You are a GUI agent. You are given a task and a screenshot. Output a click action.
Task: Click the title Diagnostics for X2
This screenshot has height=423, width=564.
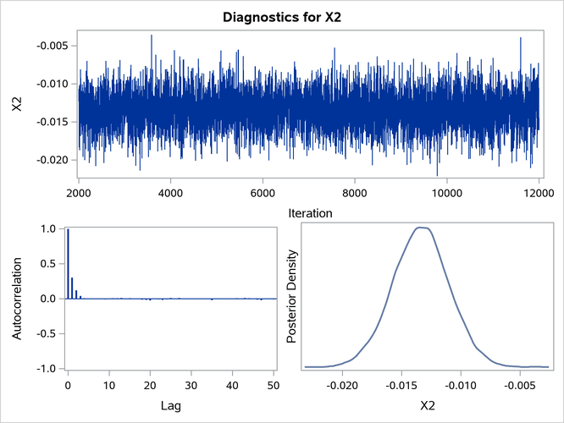click(282, 16)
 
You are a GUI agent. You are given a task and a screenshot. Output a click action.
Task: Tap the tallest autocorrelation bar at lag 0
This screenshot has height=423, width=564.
click(68, 264)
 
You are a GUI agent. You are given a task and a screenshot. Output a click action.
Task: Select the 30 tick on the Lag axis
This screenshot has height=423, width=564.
click(191, 387)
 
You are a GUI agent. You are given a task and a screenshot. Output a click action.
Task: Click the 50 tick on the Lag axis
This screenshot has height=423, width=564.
click(274, 387)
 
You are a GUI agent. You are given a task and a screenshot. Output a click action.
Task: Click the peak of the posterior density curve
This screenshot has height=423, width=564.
click(419, 227)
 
